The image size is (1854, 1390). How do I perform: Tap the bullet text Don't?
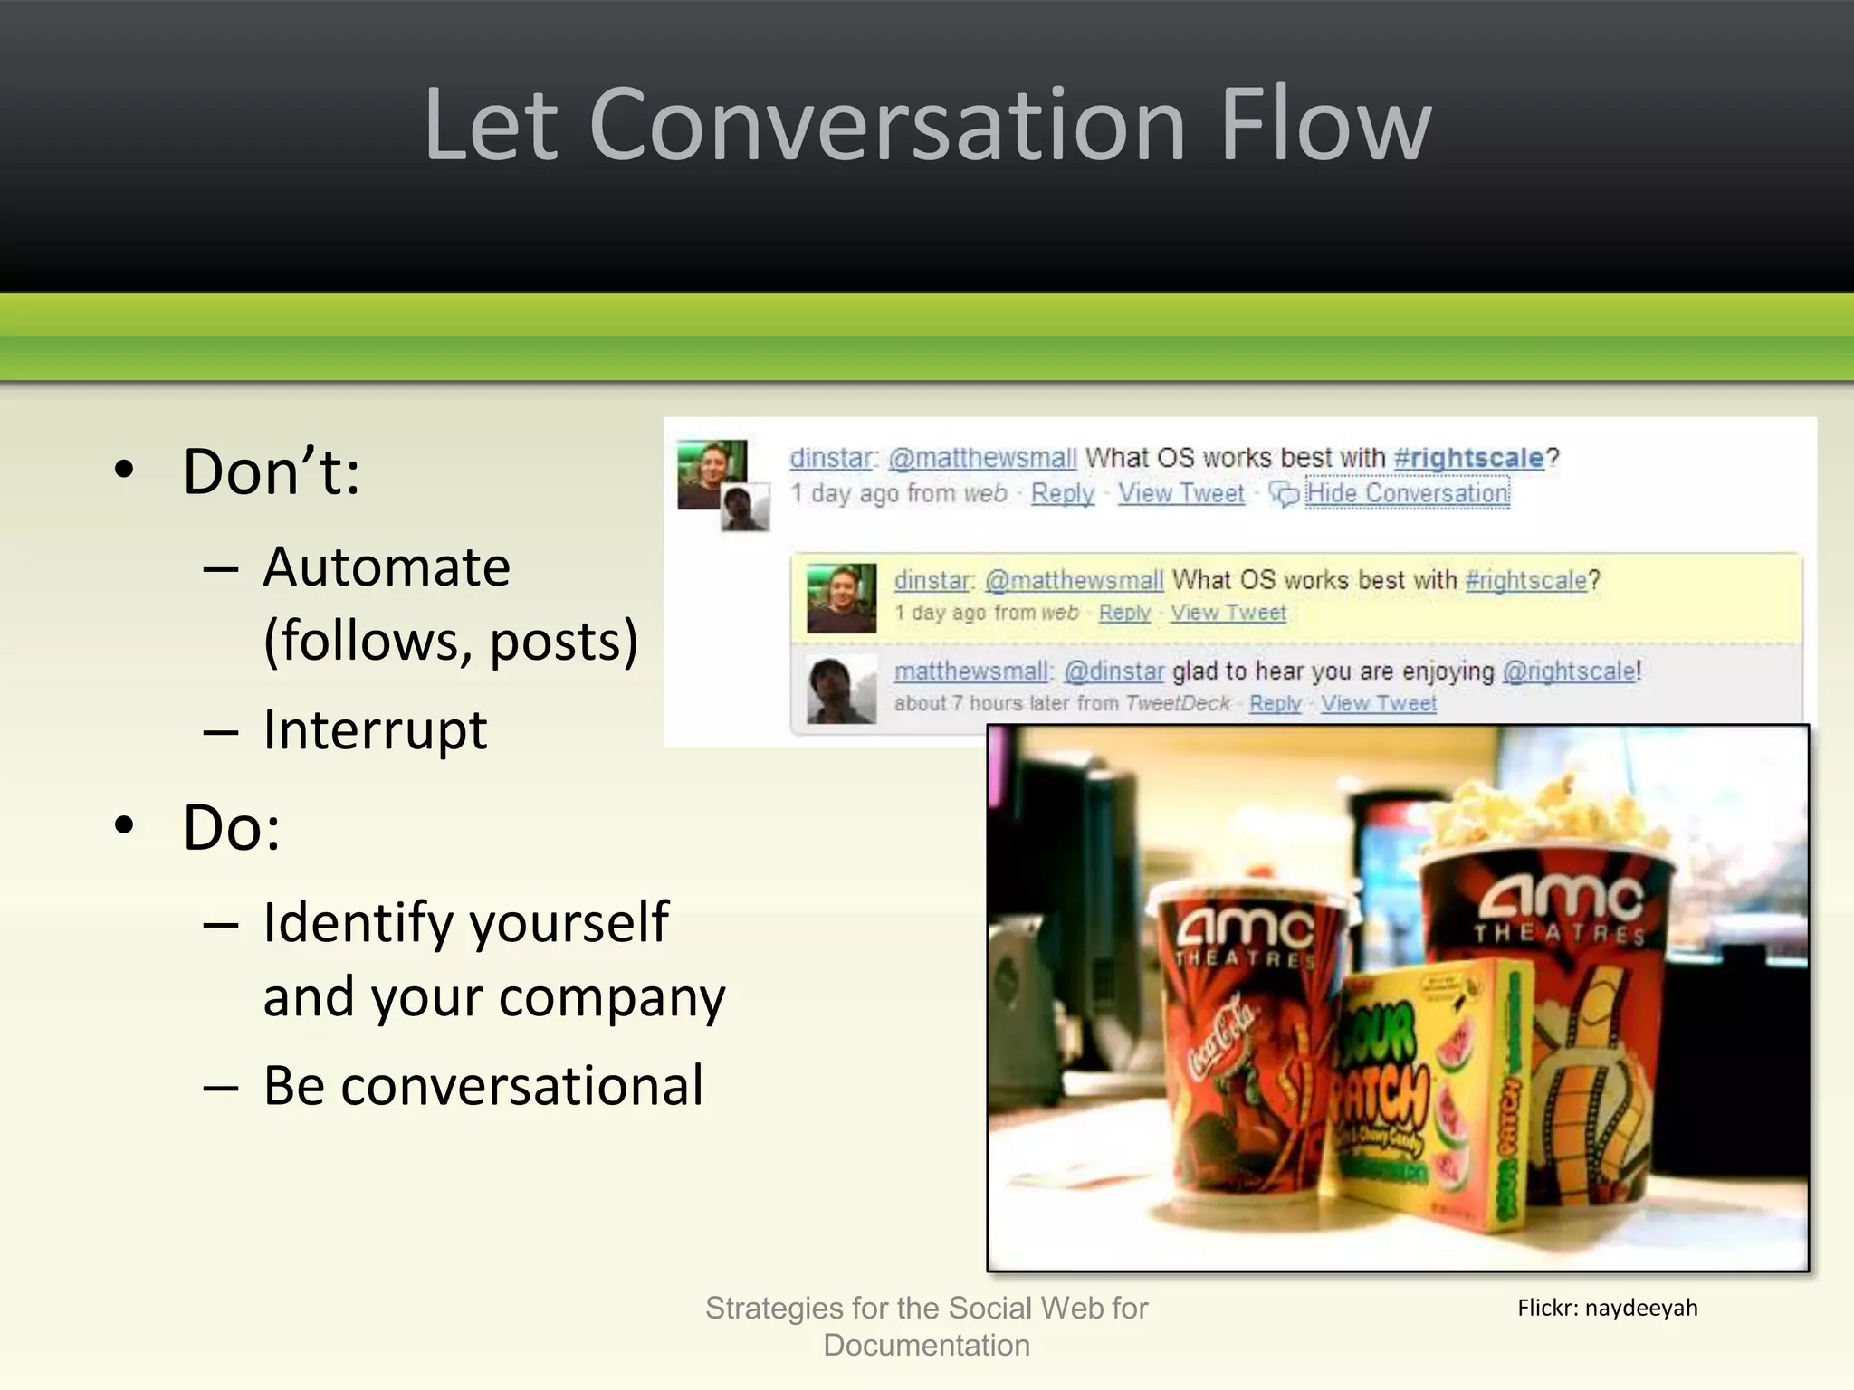(271, 472)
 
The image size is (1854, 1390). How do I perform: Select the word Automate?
(387, 567)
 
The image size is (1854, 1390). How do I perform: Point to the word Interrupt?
(375, 730)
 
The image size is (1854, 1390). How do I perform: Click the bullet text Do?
(232, 827)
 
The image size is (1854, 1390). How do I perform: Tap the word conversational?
(522, 1085)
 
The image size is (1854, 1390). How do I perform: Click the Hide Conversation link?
(1407, 494)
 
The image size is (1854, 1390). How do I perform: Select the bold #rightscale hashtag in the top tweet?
(1468, 458)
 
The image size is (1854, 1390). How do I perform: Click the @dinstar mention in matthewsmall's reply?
(1113, 671)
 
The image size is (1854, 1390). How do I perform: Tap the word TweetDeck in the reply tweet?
(1178, 703)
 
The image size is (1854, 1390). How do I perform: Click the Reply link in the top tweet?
(1062, 494)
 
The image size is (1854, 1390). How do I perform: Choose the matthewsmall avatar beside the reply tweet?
(841, 690)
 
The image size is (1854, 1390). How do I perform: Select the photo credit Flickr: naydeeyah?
(1607, 1308)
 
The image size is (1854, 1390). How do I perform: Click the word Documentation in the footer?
(926, 1346)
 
